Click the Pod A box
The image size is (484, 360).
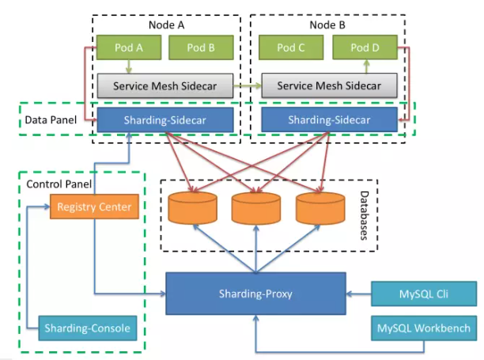(x=127, y=48)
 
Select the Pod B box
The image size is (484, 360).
(x=201, y=48)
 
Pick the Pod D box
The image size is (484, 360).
(x=364, y=48)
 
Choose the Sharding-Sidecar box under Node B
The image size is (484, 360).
(x=327, y=120)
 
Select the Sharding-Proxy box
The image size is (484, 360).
(x=255, y=294)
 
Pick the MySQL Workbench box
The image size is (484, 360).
(x=423, y=327)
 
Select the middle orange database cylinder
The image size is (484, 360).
(x=255, y=208)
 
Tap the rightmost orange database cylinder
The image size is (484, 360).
(x=320, y=208)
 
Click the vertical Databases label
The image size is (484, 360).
(x=363, y=214)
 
